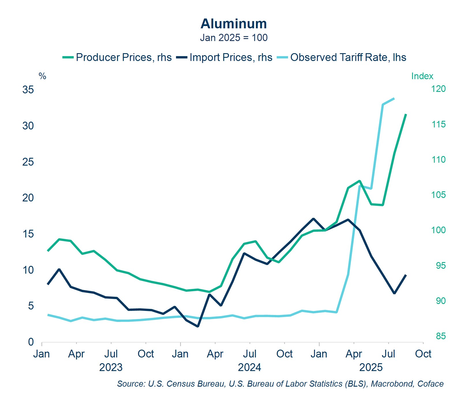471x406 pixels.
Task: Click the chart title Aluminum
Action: click(x=233, y=24)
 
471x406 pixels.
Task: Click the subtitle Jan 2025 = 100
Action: click(x=234, y=38)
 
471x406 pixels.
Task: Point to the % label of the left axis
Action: click(x=42, y=76)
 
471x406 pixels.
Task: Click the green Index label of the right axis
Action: click(x=422, y=76)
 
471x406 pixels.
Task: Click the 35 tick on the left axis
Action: click(x=28, y=90)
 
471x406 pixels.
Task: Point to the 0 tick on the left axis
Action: click(x=31, y=342)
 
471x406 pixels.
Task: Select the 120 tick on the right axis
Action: click(x=438, y=89)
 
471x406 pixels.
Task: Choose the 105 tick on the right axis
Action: click(x=438, y=195)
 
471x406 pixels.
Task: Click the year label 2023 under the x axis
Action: click(x=111, y=367)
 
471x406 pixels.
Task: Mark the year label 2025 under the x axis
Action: click(x=371, y=367)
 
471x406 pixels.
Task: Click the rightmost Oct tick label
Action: click(x=423, y=354)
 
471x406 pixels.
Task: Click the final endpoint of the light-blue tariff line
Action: click(x=394, y=99)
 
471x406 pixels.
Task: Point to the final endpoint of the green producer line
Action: click(x=406, y=114)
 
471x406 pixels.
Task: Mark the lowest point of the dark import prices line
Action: click(x=198, y=327)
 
